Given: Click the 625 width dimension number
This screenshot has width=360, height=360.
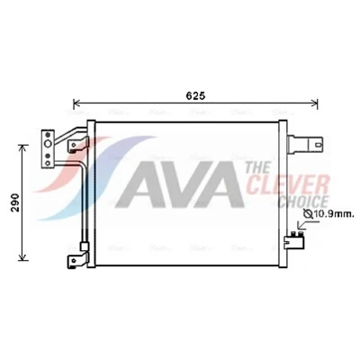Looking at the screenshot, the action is [x=195, y=96].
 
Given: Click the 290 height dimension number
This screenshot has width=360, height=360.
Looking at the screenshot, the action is [x=15, y=202].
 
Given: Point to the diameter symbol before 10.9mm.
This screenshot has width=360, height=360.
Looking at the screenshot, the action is [x=308, y=214].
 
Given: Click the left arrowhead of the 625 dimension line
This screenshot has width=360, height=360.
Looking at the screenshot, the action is [x=76, y=103].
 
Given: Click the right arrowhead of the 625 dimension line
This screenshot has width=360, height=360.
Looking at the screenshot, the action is [x=315, y=103].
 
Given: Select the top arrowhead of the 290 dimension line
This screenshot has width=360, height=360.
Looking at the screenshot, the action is [x=23, y=148].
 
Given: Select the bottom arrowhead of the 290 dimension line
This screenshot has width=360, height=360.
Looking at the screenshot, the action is [x=23, y=257].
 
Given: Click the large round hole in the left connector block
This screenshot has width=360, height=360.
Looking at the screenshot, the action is [x=48, y=144].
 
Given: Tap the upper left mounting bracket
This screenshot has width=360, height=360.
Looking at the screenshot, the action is [x=78, y=144].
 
